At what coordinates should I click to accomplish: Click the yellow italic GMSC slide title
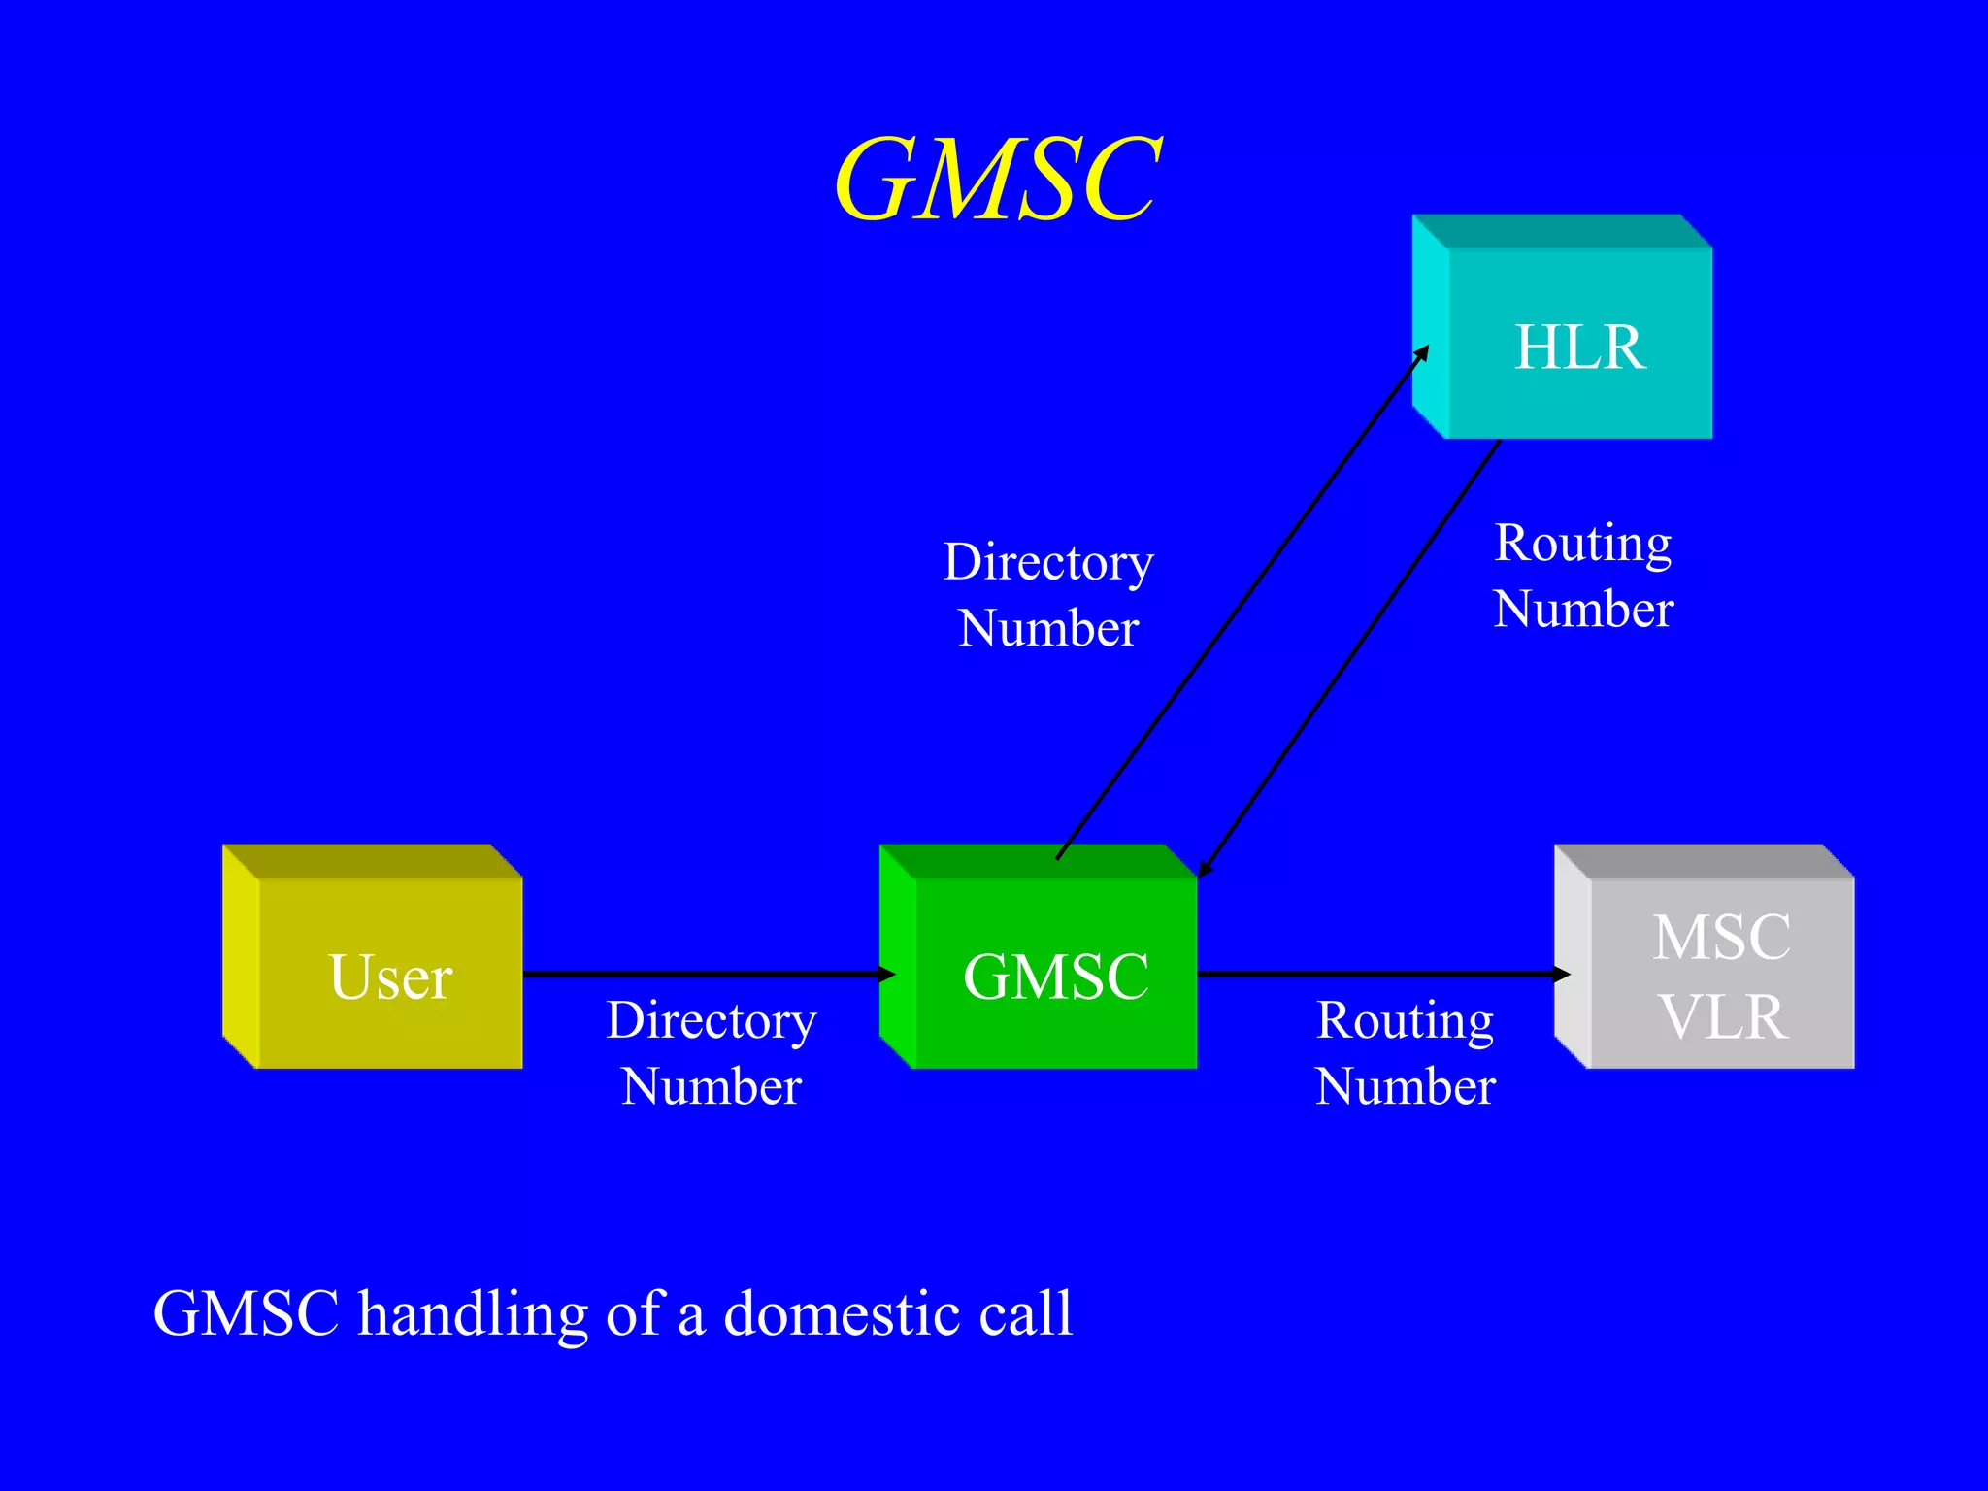(997, 179)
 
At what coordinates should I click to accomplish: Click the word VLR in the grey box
(1723, 1017)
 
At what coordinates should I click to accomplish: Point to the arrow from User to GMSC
(699, 973)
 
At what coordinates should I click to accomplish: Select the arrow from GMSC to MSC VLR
(1378, 973)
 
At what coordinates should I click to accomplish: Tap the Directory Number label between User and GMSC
(712, 1052)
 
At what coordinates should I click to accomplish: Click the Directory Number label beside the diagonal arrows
(1048, 594)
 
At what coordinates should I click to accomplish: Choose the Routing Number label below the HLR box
(1583, 575)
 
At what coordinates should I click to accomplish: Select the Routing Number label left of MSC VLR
(1405, 1052)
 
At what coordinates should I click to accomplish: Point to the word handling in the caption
(473, 1315)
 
